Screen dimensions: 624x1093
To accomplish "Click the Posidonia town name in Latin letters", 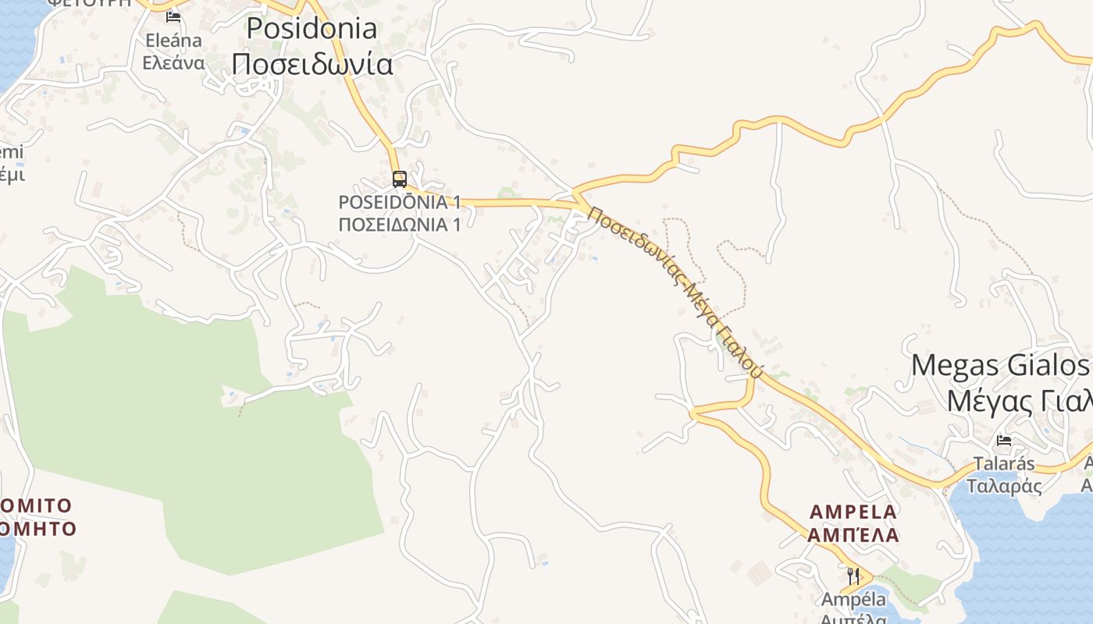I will pos(312,28).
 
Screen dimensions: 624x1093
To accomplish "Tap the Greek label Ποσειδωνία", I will pos(312,63).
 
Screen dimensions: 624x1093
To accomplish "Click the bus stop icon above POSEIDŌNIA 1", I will pos(399,179).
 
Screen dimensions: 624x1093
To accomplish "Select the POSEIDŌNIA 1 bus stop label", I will pos(399,202).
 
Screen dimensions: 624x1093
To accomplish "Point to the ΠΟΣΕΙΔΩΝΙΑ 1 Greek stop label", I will pos(399,225).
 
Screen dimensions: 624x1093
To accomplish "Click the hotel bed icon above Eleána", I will pos(173,16).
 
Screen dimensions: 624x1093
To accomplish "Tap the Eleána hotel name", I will pos(173,41).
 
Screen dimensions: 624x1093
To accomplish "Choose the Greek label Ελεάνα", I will pos(173,63).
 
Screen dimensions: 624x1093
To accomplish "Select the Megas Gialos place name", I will pos(999,365).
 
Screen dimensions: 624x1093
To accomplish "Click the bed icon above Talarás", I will pos(1004,441).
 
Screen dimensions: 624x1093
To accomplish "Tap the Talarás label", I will pos(1004,464).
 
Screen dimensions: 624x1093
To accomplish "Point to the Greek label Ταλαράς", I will pos(1004,486).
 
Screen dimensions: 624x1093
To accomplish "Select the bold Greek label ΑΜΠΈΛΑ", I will pos(853,536).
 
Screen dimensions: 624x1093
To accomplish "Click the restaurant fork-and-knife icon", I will pos(853,576).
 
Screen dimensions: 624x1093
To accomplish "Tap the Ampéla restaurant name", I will pos(853,600).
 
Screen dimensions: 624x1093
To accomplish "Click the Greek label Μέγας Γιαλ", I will pos(1018,401).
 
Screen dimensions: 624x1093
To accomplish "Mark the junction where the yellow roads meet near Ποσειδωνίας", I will pos(575,192).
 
